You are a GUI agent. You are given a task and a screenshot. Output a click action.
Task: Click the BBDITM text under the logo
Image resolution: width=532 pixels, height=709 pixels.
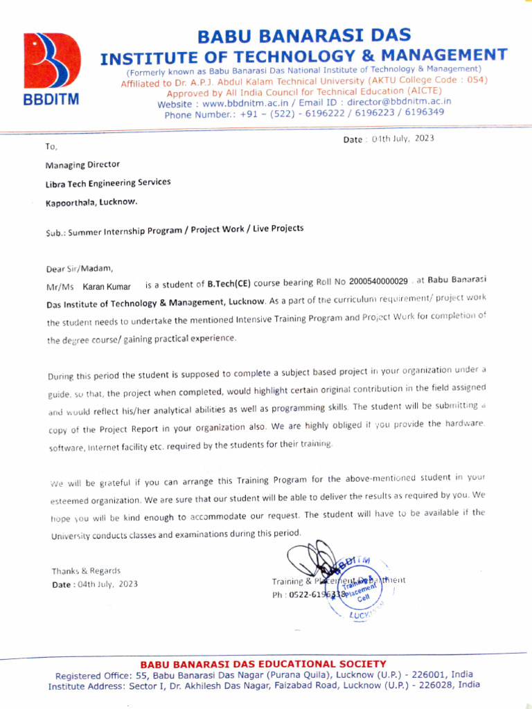pyautogui.click(x=51, y=99)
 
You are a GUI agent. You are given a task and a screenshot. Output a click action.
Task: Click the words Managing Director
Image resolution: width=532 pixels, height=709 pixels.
pyautogui.click(x=82, y=165)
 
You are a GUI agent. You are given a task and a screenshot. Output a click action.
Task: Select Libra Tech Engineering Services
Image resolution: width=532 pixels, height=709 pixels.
pyautogui.click(x=108, y=183)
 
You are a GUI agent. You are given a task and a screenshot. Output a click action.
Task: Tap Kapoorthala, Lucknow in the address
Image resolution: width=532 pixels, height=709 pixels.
pyautogui.click(x=91, y=202)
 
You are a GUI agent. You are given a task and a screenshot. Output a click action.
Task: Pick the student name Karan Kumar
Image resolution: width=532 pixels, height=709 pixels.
pyautogui.click(x=107, y=286)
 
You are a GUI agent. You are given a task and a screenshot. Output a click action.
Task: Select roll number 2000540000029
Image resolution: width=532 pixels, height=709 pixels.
pyautogui.click(x=379, y=282)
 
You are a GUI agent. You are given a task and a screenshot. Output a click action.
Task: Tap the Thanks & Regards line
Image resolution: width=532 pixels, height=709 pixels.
pyautogui.click(x=86, y=571)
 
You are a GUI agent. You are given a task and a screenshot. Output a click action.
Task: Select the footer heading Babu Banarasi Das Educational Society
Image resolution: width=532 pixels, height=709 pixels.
pyautogui.click(x=263, y=664)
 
